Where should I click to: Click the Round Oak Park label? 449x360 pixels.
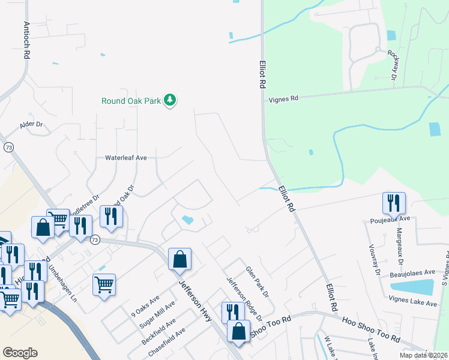(131, 101)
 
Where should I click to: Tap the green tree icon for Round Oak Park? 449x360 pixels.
(170, 100)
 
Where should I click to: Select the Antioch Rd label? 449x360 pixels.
(26, 41)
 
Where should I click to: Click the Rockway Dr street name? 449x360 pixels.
(393, 65)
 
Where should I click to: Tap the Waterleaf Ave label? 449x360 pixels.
(126, 157)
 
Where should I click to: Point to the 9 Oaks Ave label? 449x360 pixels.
(145, 305)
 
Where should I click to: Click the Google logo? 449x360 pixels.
(20, 353)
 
